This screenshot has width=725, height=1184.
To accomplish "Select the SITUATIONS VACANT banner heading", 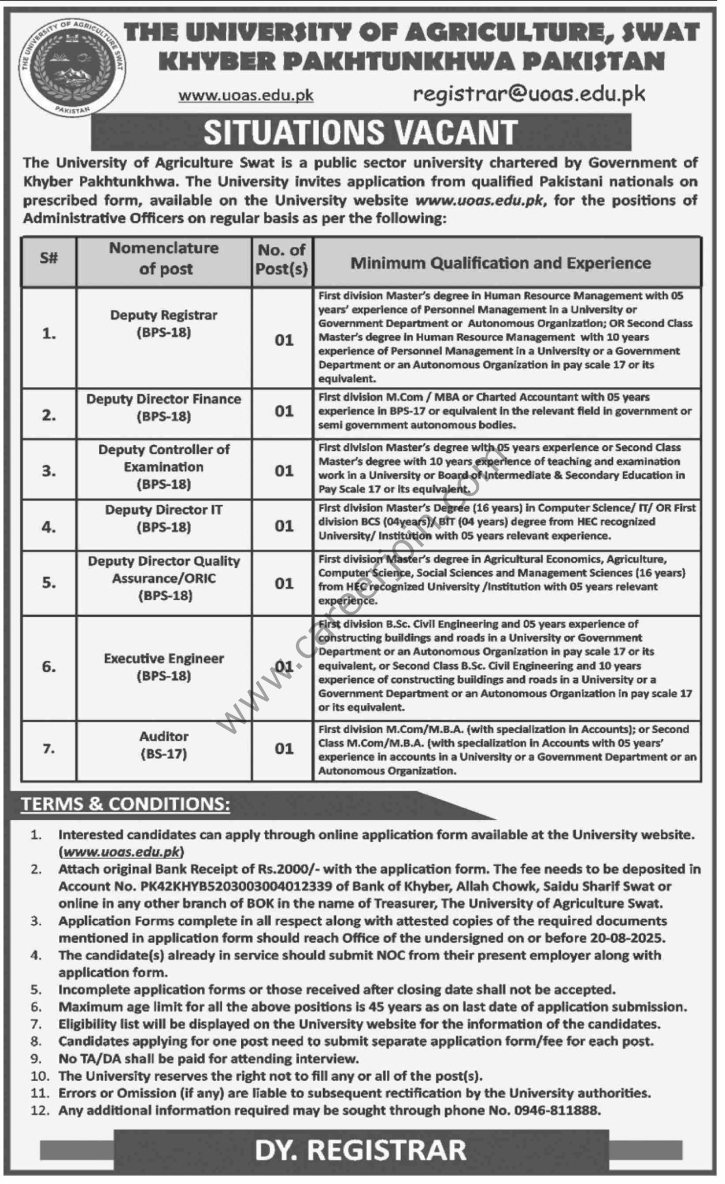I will (360, 132).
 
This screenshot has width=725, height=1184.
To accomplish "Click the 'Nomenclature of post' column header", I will (164, 258).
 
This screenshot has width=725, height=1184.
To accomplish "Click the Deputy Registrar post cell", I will (164, 324).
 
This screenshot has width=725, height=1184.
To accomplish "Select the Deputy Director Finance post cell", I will (164, 408).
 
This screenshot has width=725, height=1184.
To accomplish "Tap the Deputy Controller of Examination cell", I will (164, 467).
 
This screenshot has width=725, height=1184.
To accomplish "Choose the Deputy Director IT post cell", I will (164, 519).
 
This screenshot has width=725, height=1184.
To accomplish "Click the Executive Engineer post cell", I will (164, 667).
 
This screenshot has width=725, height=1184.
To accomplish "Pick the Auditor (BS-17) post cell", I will (164, 745).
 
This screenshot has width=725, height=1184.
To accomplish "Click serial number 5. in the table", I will (49, 583).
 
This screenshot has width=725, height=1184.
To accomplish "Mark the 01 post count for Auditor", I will (284, 749).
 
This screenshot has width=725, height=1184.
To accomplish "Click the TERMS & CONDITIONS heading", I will (125, 804).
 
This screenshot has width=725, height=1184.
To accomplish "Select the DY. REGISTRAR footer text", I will (361, 1149).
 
